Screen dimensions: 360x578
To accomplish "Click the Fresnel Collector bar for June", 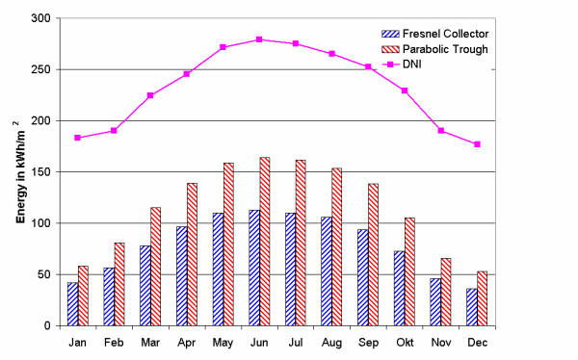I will (253, 268).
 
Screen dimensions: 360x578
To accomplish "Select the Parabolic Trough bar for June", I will (265, 242).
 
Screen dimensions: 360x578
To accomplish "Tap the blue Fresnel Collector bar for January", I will (72, 303).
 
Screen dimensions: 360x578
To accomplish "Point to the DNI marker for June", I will (258, 39).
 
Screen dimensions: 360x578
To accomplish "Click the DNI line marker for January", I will (78, 138).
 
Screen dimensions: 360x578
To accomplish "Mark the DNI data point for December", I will (476, 144).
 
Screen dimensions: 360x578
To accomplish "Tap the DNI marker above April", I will (187, 74).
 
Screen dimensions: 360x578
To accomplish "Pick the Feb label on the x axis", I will (114, 342).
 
